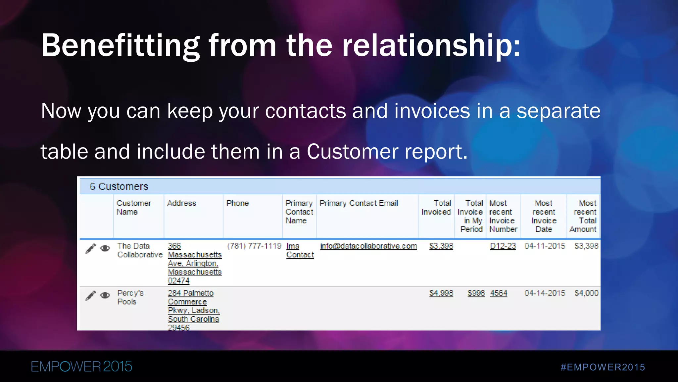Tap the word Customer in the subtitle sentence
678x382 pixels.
click(x=353, y=152)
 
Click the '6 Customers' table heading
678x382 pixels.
click(x=119, y=186)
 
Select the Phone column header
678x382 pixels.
click(x=237, y=203)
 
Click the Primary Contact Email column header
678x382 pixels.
click(x=359, y=203)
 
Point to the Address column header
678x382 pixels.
click(x=181, y=203)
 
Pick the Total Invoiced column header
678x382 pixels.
click(x=436, y=208)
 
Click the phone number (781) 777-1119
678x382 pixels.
click(x=254, y=246)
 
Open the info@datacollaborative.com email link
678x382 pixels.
click(x=368, y=246)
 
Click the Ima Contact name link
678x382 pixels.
click(x=300, y=250)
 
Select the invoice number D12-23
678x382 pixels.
click(x=503, y=246)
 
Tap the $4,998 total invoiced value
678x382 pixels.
click(x=441, y=293)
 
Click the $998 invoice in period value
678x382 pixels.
click(x=476, y=293)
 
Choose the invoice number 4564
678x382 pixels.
click(x=499, y=293)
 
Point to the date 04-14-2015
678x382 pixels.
click(x=545, y=293)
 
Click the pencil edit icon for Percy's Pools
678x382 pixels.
click(x=90, y=295)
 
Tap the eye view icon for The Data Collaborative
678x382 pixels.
click(x=105, y=248)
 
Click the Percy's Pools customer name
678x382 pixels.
click(x=130, y=297)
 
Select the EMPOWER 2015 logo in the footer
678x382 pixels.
click(x=81, y=367)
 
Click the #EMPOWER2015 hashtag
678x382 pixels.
click(x=603, y=367)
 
